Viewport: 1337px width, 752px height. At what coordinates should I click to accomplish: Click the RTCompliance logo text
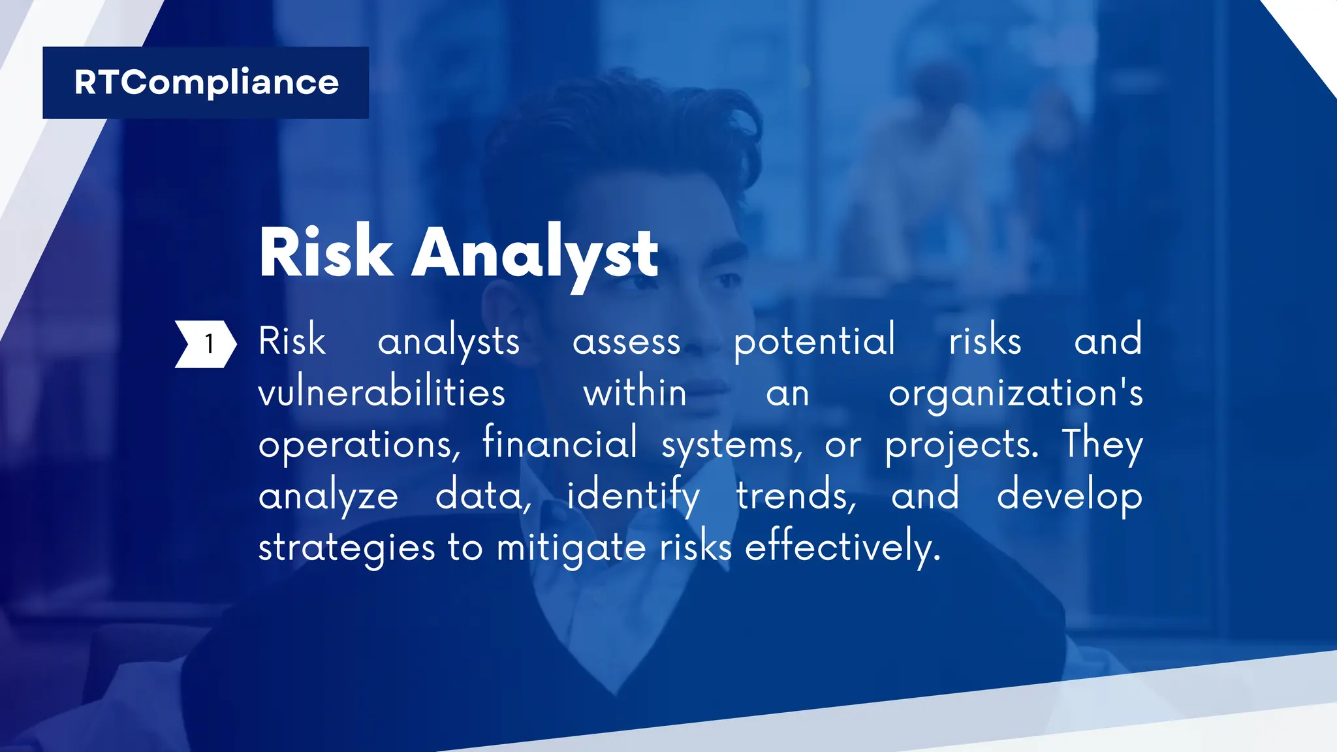point(206,83)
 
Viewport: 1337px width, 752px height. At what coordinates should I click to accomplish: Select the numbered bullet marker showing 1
point(206,344)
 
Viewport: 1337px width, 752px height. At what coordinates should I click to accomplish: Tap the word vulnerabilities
point(382,394)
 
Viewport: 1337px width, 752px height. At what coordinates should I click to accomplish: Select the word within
point(635,394)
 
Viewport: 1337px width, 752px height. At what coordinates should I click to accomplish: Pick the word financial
point(560,443)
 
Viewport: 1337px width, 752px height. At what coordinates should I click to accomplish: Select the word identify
point(633,496)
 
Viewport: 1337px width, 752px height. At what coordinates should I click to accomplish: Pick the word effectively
point(843,548)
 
